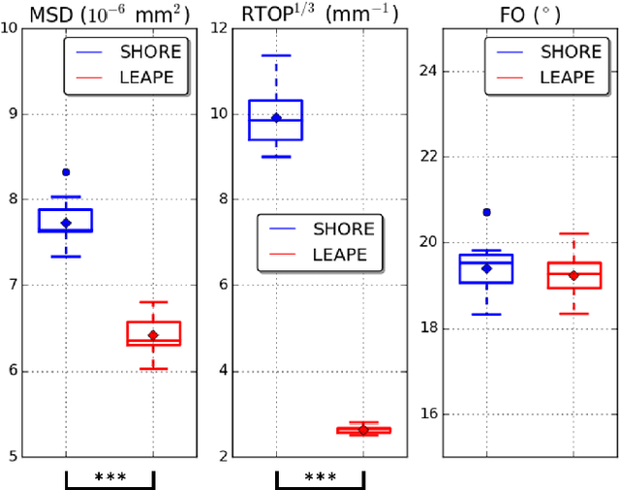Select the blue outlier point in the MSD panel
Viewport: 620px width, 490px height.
point(66,172)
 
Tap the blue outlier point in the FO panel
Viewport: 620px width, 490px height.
point(486,212)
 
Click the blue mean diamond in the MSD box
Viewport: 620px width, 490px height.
point(66,223)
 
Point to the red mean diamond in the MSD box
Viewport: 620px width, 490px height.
point(153,335)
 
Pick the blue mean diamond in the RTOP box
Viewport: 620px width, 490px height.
point(276,118)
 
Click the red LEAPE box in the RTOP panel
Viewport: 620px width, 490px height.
point(363,430)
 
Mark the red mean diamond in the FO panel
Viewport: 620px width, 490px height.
point(573,275)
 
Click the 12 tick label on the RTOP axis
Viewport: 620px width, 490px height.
point(219,28)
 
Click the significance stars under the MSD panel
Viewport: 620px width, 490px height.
point(109,477)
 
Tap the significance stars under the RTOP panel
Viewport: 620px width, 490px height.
point(320,477)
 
